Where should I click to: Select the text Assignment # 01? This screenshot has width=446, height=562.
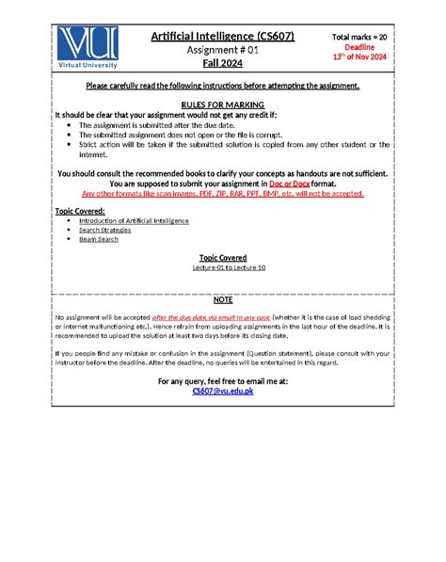pos(223,51)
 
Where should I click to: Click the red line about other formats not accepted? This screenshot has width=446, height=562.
pos(223,193)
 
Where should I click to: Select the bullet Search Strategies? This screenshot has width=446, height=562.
pos(106,230)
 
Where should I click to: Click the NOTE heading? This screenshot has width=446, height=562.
pos(223,298)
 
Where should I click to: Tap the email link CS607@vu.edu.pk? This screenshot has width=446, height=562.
pos(223,390)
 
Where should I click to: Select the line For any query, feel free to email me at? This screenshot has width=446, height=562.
pos(223,380)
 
